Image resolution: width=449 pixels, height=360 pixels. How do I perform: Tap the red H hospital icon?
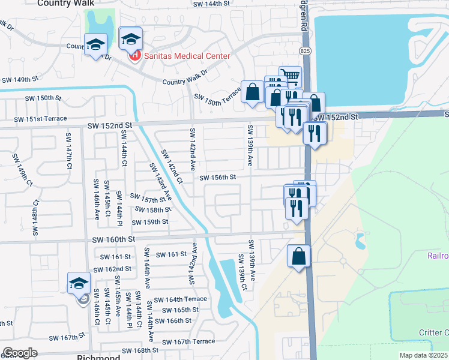[134, 56]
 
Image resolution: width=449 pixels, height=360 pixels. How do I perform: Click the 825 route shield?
[306, 50]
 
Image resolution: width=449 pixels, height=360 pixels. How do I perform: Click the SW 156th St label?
[218, 178]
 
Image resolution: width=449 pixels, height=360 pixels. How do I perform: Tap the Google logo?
[19, 353]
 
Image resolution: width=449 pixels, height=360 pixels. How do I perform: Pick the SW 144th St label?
[212, 4]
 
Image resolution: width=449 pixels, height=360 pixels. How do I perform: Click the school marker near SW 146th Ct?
[79, 283]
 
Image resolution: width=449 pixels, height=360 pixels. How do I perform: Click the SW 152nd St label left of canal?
[109, 125]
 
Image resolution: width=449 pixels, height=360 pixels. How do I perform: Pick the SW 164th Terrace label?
[180, 299]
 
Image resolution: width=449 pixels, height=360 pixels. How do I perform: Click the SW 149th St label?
[20, 79]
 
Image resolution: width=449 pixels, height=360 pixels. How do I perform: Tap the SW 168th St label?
[139, 350]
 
